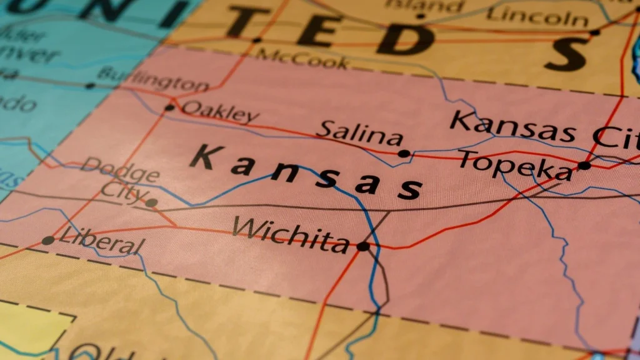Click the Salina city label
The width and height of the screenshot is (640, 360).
tap(359, 134)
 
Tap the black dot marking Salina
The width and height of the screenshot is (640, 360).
tap(404, 154)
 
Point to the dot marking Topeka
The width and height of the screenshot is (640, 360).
tap(584, 166)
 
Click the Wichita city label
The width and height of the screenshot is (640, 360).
tap(291, 234)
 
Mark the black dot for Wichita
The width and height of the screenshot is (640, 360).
tap(362, 247)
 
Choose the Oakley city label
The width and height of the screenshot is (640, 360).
tap(219, 112)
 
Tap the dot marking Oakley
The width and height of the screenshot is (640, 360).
tap(169, 107)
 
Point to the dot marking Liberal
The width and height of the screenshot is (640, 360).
tap(47, 241)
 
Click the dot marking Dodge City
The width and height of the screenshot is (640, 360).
tap(151, 202)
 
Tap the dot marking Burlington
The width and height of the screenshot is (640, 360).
tap(90, 86)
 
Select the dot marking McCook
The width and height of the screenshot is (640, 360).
tap(256, 41)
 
